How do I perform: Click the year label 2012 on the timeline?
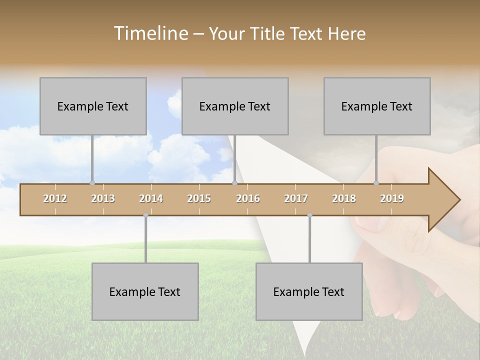click(55, 198)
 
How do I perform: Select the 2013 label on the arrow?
click(103, 198)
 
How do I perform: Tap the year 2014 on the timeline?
click(151, 198)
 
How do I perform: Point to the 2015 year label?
click(199, 198)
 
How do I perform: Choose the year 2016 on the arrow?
click(248, 198)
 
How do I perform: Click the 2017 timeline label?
click(296, 198)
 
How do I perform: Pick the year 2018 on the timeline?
click(344, 198)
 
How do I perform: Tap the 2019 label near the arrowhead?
click(392, 198)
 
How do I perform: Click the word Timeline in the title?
click(150, 33)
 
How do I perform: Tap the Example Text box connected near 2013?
click(93, 106)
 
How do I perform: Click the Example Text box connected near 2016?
click(235, 106)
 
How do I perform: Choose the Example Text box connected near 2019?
click(377, 106)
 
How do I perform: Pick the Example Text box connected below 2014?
click(145, 291)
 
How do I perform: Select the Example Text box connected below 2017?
click(309, 291)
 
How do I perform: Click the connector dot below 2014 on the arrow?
click(145, 215)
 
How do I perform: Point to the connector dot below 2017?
click(309, 215)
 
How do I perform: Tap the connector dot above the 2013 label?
click(92, 183)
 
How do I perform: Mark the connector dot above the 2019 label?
click(376, 183)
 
